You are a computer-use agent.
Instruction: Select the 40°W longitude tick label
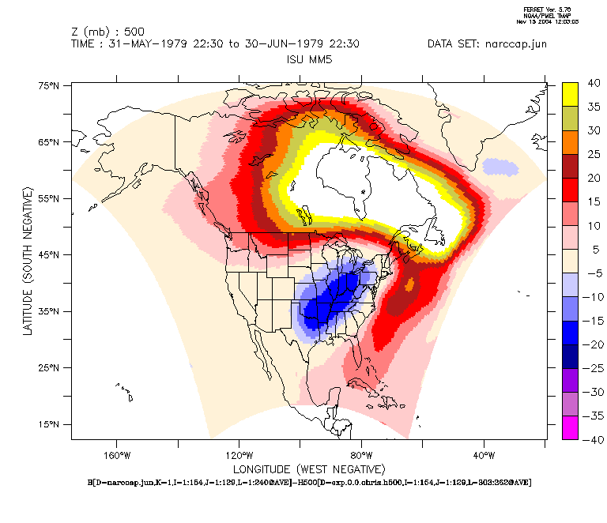pos(484,455)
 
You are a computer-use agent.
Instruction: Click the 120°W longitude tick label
pos(239,455)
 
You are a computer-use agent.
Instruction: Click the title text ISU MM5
pos(308,58)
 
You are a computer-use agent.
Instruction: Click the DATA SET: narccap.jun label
pos(487,44)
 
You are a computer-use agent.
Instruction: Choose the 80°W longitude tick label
pos(361,455)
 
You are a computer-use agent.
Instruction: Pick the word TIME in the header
pos(85,44)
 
